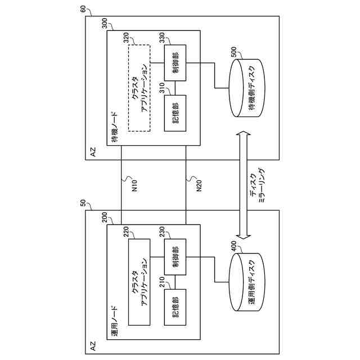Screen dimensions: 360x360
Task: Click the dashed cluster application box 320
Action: pos(139,88)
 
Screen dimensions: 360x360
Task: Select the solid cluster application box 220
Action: pos(139,282)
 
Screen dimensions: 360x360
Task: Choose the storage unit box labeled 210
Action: pos(175,307)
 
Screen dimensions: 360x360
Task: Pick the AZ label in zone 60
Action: pos(93,152)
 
